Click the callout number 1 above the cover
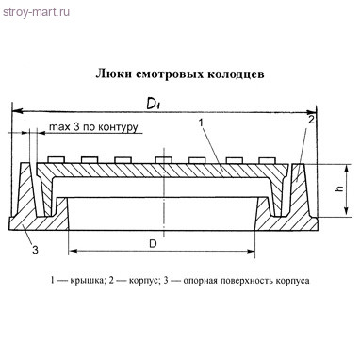click(x=201, y=123)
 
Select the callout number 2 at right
click(x=311, y=120)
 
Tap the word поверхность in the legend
click(x=255, y=281)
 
